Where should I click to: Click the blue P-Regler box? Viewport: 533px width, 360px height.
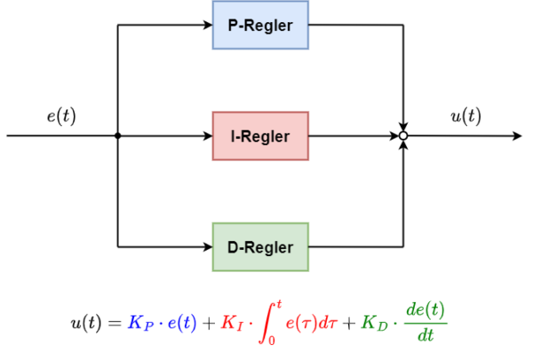260,25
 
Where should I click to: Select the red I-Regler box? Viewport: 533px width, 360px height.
260,136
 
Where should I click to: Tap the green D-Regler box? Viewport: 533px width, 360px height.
260,246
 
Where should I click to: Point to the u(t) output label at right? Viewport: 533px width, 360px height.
465,115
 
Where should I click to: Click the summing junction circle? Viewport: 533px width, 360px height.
403,136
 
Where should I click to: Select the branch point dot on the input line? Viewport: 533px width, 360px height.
118,136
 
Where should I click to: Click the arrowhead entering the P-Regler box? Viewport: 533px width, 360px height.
207,25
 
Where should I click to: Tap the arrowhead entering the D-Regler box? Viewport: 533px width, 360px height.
207,246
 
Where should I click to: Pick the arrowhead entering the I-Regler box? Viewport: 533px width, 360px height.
207,136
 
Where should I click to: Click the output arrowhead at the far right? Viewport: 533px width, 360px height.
517,136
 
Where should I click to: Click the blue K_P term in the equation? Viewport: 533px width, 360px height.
139,323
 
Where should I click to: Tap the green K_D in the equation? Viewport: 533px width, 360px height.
372,323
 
